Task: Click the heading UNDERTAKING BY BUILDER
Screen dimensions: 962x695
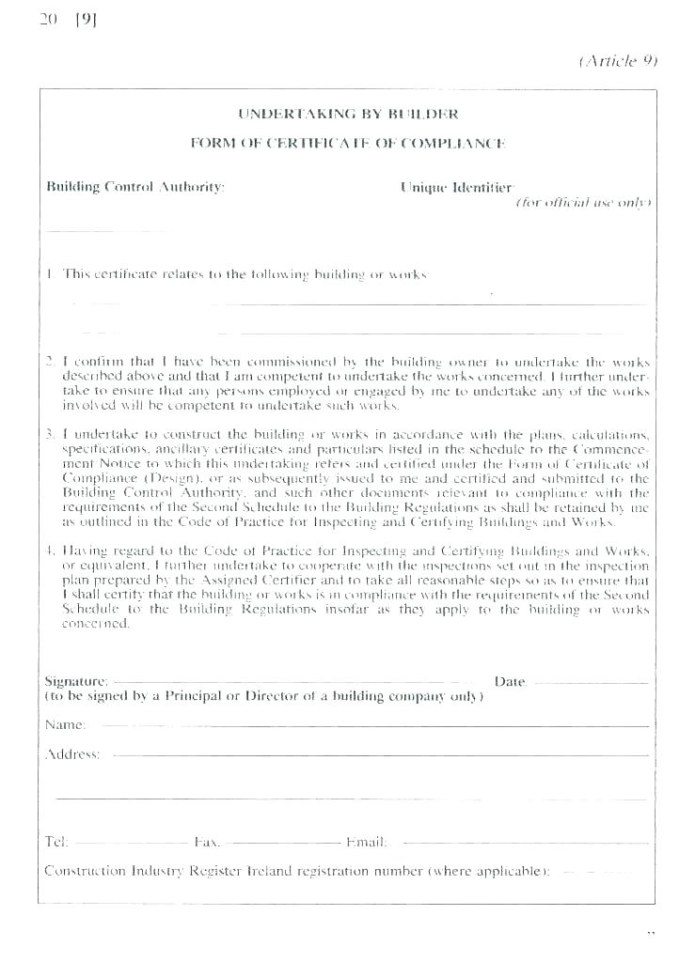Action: point(348,115)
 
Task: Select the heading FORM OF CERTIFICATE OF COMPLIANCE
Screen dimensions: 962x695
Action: point(348,144)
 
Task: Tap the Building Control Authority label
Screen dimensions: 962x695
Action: point(135,187)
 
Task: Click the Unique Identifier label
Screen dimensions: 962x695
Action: point(457,187)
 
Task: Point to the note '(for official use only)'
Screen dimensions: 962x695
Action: point(583,203)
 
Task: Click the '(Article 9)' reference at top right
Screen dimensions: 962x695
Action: point(618,61)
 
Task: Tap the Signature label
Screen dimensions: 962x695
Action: point(76,680)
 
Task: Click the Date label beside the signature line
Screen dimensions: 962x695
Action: point(510,681)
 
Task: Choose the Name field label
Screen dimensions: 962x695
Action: point(66,725)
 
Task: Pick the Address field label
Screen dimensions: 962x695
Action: point(72,754)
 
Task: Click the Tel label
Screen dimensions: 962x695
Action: point(56,843)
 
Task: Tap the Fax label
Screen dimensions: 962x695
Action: point(207,843)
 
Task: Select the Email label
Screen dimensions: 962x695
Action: point(367,843)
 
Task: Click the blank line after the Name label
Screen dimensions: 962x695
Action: point(376,726)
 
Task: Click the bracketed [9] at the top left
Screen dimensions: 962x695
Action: point(85,21)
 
